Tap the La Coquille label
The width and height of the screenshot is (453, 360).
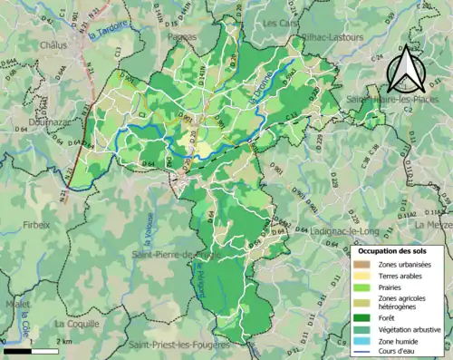tap(76, 323)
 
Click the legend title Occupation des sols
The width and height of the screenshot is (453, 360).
tap(397, 250)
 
